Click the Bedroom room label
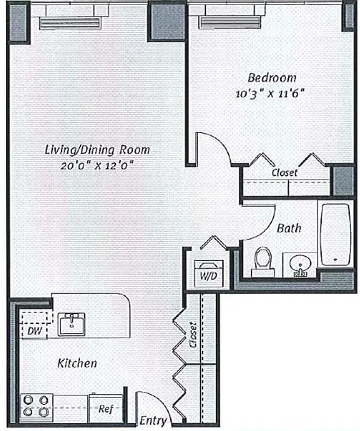click(272, 78)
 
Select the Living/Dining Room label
click(96, 150)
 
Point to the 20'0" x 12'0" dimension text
click(97, 165)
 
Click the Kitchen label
click(77, 363)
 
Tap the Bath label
click(289, 228)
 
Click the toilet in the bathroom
click(262, 260)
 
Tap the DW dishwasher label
click(33, 330)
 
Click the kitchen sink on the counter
click(71, 325)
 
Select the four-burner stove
click(35, 406)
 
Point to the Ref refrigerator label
click(105, 409)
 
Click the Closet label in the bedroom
click(284, 173)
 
